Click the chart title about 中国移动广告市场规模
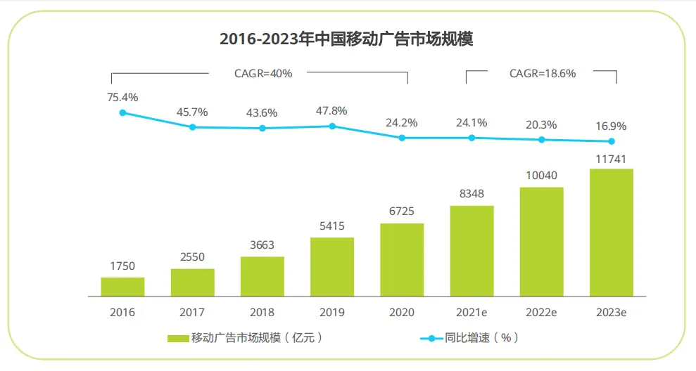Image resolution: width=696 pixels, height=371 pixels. coord(346,39)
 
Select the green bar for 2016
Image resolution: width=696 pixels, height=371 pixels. coord(122,287)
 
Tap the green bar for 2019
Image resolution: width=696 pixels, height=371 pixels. coord(332,267)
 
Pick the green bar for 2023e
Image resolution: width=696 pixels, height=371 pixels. coord(612,233)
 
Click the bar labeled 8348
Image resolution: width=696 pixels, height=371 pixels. coord(472,251)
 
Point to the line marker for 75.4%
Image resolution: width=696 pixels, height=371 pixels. coord(122,112)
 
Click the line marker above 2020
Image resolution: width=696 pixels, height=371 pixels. coord(402,138)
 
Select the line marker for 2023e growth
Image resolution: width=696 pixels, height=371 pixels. coord(612,141)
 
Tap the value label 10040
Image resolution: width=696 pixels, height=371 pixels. coord(542,175)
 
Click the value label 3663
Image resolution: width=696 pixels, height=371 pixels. coord(262,245)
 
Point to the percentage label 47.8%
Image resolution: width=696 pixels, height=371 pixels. coord(332,110)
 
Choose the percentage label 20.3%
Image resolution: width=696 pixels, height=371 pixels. coord(542,124)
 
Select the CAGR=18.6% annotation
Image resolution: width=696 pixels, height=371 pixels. coord(543,72)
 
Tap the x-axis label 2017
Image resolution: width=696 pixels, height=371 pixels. coord(192,312)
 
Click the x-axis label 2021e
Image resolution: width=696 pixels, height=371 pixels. coord(472,312)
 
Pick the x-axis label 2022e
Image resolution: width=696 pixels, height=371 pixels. coord(542,312)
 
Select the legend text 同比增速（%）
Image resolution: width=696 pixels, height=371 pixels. coord(482,338)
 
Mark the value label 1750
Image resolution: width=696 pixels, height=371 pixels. coord(122,266)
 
